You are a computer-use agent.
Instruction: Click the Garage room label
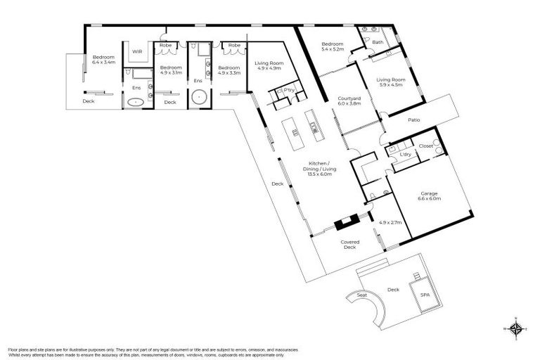(430, 195)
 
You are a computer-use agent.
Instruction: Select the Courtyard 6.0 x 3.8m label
(349, 100)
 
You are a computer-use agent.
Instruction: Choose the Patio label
(414, 120)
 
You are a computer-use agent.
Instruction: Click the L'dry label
(405, 153)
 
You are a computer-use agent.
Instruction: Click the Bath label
(378, 42)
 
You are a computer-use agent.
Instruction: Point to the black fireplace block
(345, 224)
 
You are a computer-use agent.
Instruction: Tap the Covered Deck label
(350, 245)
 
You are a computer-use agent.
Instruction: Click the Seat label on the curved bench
(362, 295)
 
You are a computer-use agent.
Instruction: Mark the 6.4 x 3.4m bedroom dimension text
(105, 62)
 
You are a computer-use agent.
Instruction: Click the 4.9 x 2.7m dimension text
(390, 223)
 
